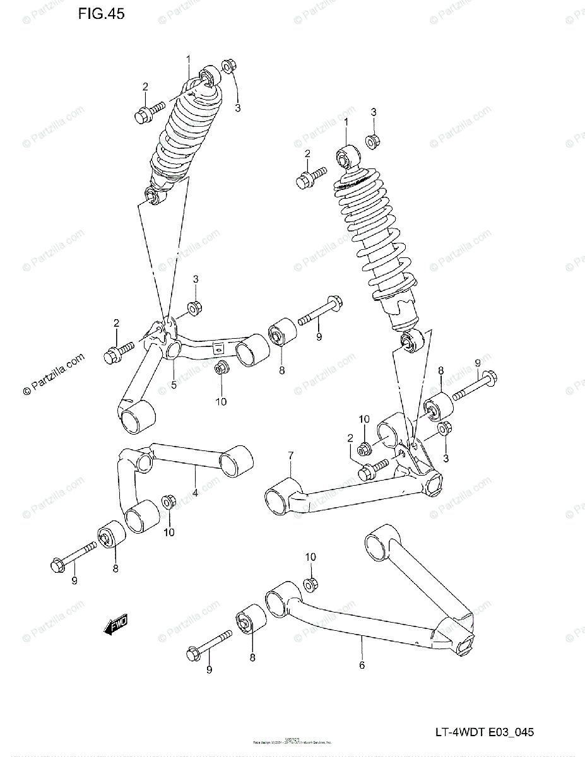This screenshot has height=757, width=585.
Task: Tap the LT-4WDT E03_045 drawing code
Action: [x=483, y=732]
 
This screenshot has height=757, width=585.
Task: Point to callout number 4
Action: [x=196, y=492]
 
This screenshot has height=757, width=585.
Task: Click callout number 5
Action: [x=174, y=384]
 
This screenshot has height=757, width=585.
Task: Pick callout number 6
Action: [x=362, y=664]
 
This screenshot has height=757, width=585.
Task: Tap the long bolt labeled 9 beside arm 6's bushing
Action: [x=211, y=647]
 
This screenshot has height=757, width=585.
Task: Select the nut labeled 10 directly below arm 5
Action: [x=221, y=368]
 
